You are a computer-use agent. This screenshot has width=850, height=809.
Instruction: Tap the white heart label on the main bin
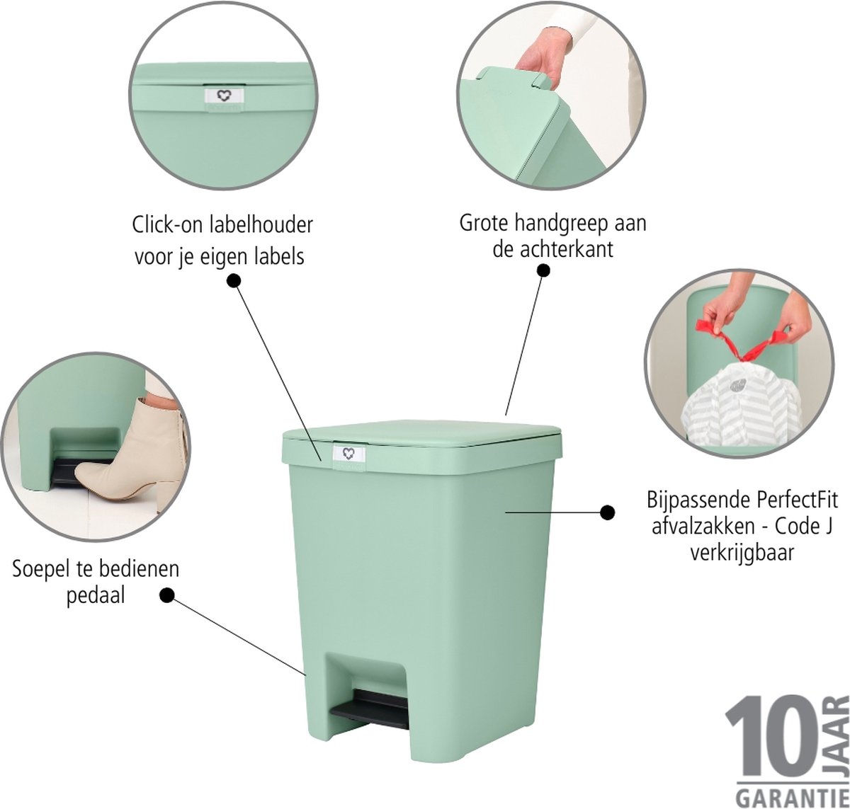tap(349, 453)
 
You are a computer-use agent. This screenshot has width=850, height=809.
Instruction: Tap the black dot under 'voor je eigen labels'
tap(234, 281)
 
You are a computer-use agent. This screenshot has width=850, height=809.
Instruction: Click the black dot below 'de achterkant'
tap(543, 270)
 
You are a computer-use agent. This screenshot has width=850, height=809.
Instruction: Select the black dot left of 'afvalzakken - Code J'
tap(608, 512)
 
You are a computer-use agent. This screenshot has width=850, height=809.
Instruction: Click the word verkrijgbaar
tap(742, 553)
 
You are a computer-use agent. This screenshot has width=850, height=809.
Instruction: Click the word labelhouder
tap(261, 225)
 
